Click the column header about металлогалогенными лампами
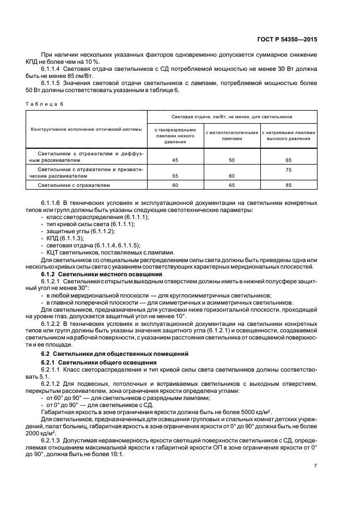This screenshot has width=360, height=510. [231, 135]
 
